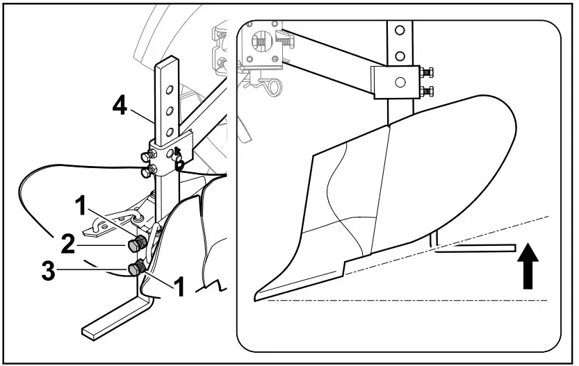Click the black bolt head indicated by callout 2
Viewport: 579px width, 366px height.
coord(137,244)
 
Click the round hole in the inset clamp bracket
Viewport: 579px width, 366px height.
coord(399,82)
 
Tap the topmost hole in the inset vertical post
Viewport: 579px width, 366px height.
coord(399,31)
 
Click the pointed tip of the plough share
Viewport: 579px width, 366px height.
coord(259,294)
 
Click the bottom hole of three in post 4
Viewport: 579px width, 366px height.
coord(167,131)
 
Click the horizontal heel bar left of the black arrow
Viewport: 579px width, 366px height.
coord(480,247)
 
